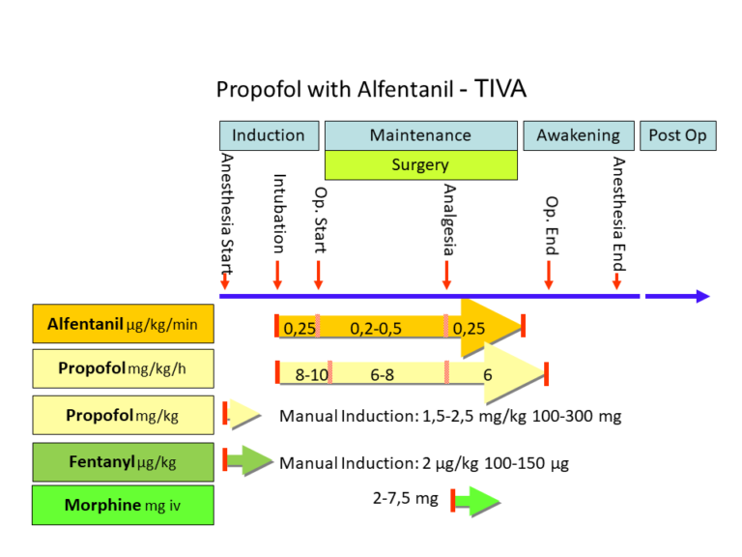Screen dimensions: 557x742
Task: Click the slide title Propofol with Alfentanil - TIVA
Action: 371,89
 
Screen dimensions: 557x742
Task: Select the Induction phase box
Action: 268,135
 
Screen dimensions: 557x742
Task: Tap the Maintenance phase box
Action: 419,135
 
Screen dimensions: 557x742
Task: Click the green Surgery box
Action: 419,165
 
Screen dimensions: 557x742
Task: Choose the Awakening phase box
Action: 578,135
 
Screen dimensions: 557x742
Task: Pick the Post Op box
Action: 676,135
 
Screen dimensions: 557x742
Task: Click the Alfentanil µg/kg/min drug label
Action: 123,324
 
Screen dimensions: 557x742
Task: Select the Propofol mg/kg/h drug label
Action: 123,368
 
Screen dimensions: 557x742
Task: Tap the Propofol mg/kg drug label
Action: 123,415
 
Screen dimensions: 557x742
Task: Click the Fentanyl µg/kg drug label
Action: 123,461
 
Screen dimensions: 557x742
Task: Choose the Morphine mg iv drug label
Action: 123,505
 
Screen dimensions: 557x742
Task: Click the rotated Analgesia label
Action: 448,219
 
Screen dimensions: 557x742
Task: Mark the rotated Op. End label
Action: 551,226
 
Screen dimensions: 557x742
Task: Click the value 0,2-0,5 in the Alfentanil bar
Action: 376,329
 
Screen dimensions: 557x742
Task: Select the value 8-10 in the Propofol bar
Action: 311,374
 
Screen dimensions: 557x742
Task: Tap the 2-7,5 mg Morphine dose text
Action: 405,499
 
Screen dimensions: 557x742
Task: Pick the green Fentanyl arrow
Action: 250,459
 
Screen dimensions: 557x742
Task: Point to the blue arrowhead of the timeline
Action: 701,296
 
